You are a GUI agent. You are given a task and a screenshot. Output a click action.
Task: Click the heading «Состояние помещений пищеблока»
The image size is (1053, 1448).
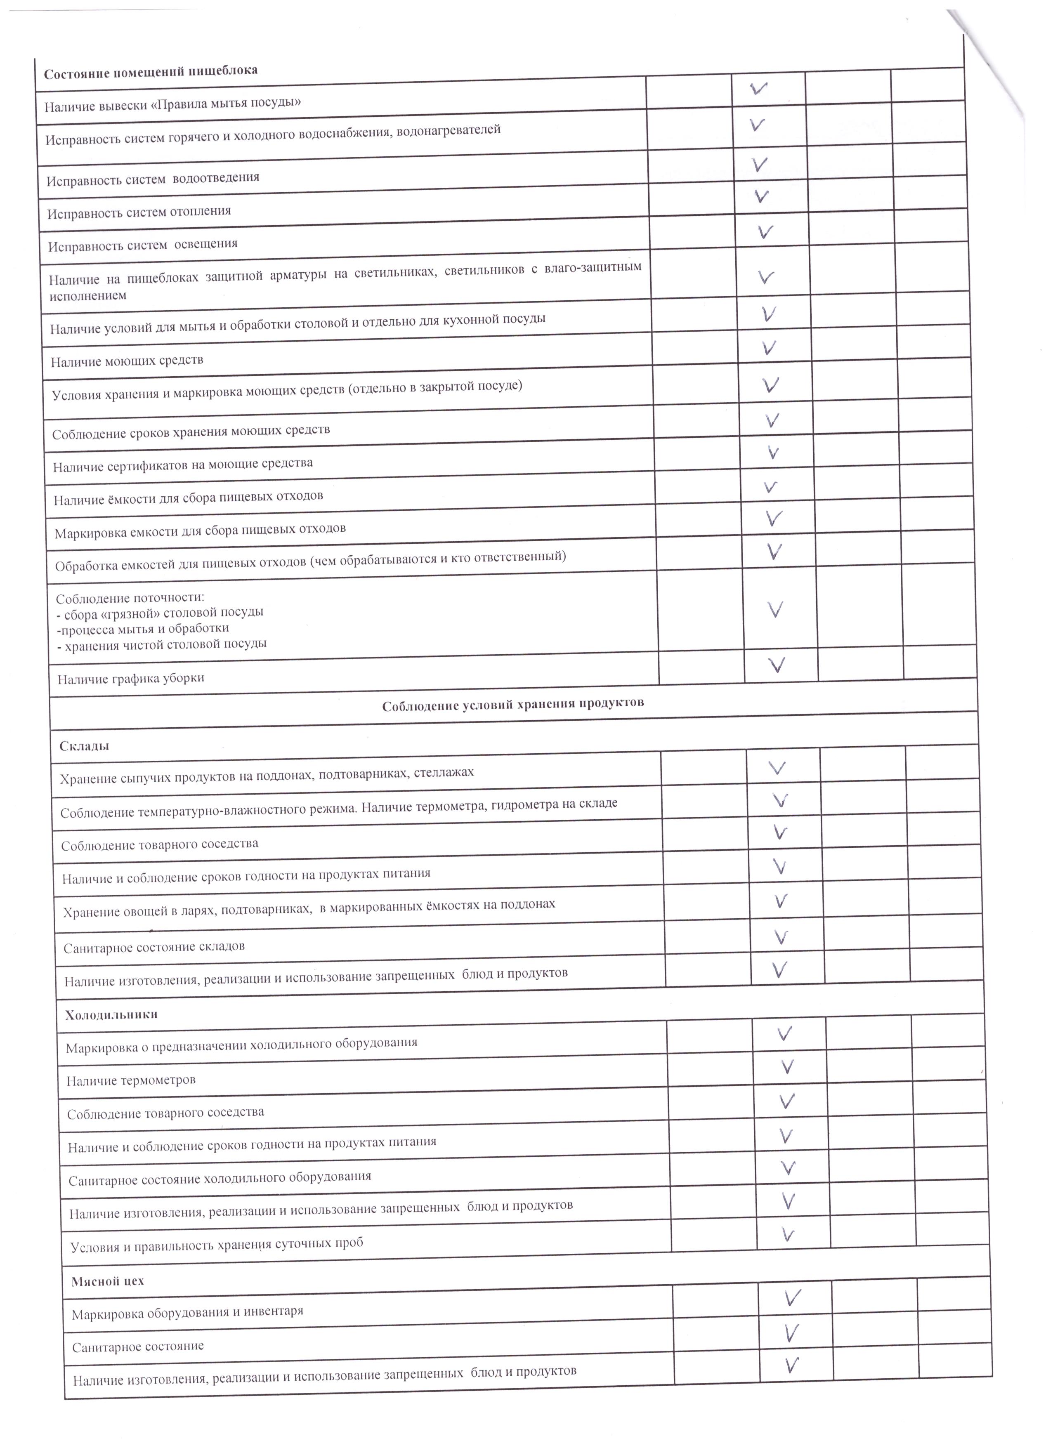151,71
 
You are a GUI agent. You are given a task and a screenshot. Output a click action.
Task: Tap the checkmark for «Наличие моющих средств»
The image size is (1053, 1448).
769,348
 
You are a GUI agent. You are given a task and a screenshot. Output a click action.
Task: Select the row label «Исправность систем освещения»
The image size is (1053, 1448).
143,245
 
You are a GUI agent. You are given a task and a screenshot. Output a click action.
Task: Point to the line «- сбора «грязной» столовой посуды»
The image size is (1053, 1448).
160,612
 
